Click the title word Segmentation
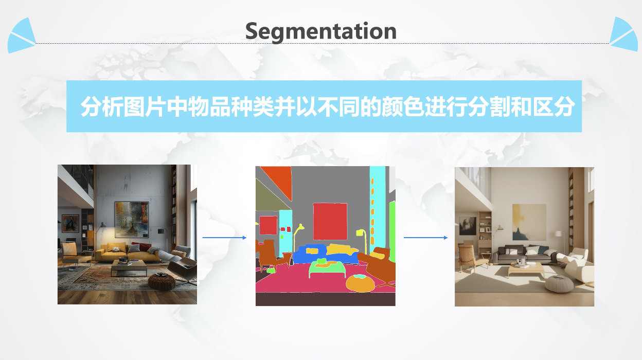[x=320, y=31]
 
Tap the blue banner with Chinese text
[x=324, y=106]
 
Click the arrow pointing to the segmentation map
[x=224, y=238]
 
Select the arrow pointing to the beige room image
[x=425, y=238]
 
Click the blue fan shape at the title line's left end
[x=22, y=36]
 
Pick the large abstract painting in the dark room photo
[x=132, y=220]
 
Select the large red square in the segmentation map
[x=330, y=221]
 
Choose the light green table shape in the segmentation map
[x=327, y=269]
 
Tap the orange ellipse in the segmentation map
[x=360, y=283]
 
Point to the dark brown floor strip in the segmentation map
[x=325, y=299]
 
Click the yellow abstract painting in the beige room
[x=529, y=222]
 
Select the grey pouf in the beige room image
[x=559, y=284]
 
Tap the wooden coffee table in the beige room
[x=526, y=269]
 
